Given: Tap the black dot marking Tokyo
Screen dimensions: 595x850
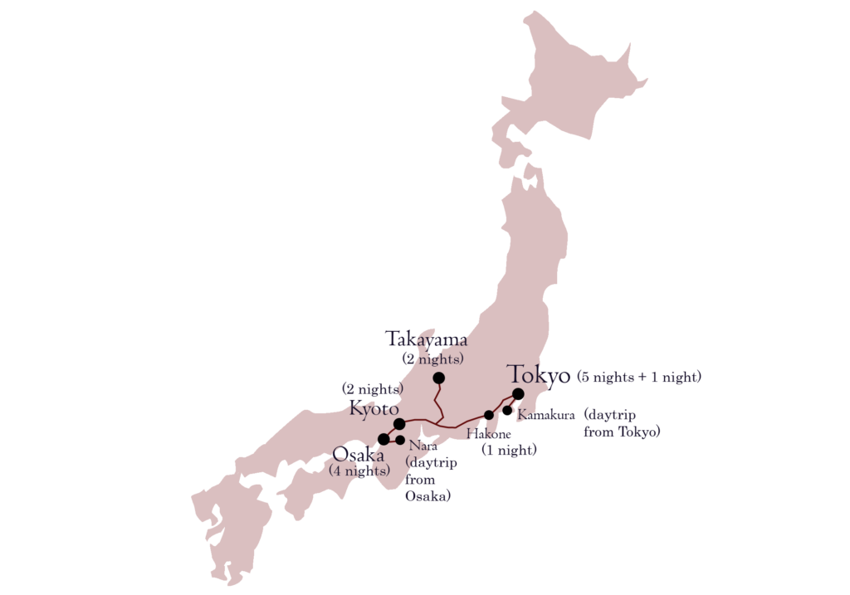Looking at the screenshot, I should coord(518,394).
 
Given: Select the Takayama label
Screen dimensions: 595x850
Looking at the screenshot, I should coord(427,339).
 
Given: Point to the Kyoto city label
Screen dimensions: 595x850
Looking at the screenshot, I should coord(374,409).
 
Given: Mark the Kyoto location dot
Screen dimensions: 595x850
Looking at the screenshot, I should coord(399,424).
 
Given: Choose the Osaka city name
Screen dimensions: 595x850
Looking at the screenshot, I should coord(358,454).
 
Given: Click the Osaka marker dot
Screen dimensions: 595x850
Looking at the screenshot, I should coord(383,439).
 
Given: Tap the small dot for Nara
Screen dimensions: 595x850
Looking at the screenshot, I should coord(400,440).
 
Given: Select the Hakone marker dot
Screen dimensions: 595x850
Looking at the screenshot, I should coord(489,415).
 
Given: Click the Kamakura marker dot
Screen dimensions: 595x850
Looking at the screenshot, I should coord(507,409).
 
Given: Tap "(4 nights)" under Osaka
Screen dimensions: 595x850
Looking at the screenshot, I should coord(359,471).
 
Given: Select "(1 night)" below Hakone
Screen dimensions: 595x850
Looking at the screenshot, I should coord(509,450).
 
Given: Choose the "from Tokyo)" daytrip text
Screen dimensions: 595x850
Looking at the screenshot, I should coord(622,433).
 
